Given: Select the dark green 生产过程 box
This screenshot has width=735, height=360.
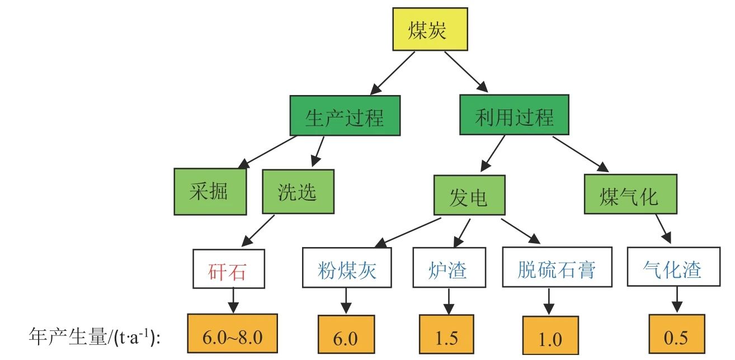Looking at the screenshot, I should pos(345,115).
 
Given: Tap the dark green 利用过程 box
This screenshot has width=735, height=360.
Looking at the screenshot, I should pos(515,115).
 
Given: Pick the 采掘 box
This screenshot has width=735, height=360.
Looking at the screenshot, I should pos(210,192).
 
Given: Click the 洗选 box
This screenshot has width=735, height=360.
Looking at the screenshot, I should pos(298,192).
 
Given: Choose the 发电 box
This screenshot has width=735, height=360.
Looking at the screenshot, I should pos(469,195).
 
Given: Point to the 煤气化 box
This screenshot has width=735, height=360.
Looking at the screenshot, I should pos(630,195).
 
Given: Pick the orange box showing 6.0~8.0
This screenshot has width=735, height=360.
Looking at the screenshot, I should pos(232,335).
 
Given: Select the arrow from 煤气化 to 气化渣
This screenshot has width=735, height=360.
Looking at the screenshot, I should pos(664,230).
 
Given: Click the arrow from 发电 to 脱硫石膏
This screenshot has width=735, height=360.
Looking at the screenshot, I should pos(521,230).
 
